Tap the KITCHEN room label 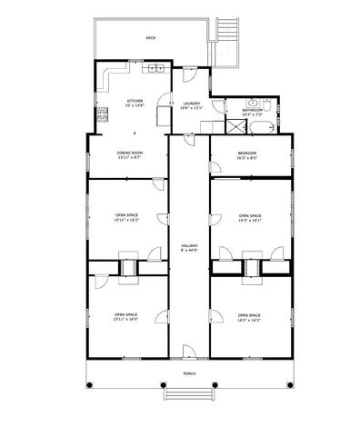[x=135, y=101]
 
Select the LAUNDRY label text [x=191, y=104]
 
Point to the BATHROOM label [x=252, y=111]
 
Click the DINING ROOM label [x=130, y=153]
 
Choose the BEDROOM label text [x=247, y=153]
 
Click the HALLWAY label [x=190, y=247]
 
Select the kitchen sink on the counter [x=156, y=68]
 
